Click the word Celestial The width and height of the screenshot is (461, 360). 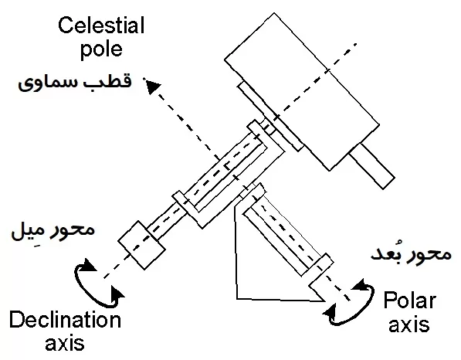click(101, 25)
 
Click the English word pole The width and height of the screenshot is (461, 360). click(101, 49)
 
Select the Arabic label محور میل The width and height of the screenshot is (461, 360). click(53, 230)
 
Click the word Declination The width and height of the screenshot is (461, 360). click(65, 320)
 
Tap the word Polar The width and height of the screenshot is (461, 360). click(409, 301)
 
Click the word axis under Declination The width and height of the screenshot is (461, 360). click(65, 343)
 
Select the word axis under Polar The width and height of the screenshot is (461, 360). click(409, 324)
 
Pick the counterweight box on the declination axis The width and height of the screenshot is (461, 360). click(141, 246)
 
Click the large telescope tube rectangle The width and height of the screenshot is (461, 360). click(302, 91)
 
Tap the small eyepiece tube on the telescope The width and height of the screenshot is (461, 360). click(372, 165)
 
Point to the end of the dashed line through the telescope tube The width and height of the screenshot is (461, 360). click(355, 44)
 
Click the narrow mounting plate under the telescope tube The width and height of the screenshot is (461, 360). click(270, 116)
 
